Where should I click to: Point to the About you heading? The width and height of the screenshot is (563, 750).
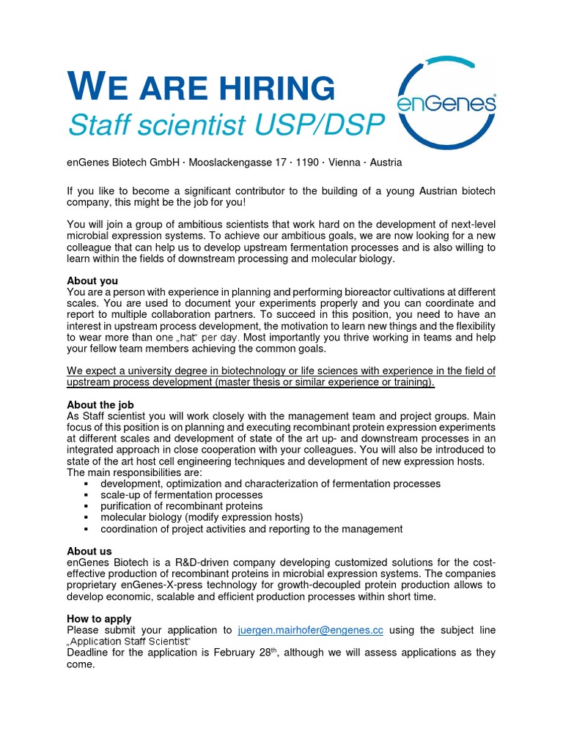92,281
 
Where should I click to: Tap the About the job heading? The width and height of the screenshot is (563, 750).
100,404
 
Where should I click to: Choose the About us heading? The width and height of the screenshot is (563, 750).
89,551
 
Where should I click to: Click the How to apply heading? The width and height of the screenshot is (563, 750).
99,619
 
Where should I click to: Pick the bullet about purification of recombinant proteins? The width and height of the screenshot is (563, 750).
181,506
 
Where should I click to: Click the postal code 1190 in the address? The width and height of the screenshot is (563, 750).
309,162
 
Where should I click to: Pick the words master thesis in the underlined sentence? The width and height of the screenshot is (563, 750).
272,382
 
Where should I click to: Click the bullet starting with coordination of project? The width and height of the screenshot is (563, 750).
251,529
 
